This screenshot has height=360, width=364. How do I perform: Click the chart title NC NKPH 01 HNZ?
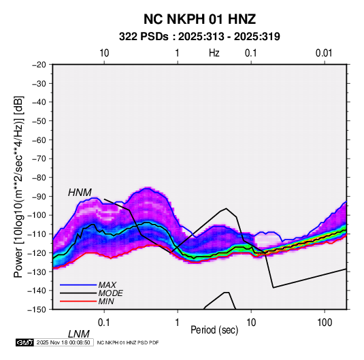tap(199, 19)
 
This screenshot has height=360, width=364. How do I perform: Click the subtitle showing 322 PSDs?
tap(199, 37)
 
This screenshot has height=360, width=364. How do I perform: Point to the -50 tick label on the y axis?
tap(39, 120)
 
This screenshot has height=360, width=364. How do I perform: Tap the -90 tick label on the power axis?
tap(39, 196)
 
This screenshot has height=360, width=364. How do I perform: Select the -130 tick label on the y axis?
tap(37, 272)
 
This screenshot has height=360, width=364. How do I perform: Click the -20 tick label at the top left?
tap(39, 65)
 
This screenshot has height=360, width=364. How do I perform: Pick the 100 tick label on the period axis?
tap(325, 323)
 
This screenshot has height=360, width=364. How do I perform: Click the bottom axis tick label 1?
tap(178, 323)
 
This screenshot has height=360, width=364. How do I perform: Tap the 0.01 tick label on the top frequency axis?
tap(324, 53)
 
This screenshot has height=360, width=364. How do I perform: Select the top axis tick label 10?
tap(104, 53)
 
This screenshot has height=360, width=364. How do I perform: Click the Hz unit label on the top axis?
tap(214, 53)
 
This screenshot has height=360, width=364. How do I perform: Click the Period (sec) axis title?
tap(214, 330)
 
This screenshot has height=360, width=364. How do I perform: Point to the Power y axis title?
tap(18, 187)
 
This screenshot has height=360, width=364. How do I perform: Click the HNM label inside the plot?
tap(80, 193)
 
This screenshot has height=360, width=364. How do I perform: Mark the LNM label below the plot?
tap(79, 334)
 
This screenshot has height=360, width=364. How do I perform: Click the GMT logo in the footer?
tap(24, 342)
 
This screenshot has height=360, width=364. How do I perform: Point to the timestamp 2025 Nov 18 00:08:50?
tap(63, 342)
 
